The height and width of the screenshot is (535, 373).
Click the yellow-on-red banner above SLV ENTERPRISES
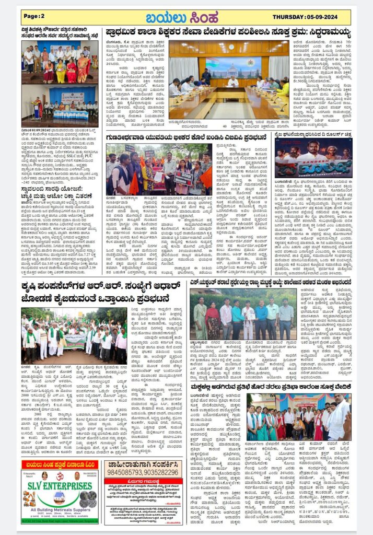click(x=59, y=465)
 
